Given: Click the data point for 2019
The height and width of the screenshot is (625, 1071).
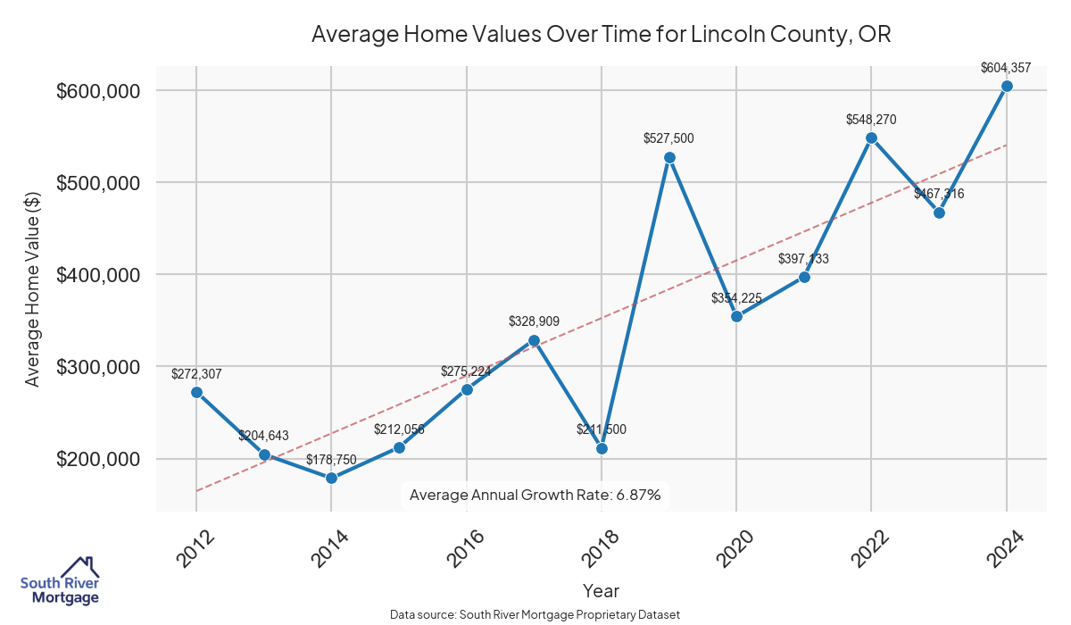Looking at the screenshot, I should [669, 157].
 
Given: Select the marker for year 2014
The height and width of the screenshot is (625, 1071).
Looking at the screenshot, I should [331, 478].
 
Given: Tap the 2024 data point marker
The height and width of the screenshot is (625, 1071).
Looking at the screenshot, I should [1007, 86].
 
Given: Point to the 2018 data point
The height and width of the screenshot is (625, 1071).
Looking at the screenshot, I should [602, 448].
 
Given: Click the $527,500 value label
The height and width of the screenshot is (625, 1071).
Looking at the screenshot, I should [668, 138].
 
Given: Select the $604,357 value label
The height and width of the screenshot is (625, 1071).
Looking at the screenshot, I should [1006, 67].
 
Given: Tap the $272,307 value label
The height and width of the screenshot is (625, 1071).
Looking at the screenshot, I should [196, 374].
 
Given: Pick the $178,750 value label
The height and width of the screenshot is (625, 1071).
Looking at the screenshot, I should [331, 460].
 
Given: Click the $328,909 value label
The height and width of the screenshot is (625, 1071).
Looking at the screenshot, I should [534, 321].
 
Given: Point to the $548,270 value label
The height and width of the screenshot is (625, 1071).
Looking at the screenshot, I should [871, 120].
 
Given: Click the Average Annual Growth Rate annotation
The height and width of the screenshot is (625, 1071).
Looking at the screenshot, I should [535, 495].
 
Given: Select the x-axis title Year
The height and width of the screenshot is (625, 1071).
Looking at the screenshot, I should [601, 590].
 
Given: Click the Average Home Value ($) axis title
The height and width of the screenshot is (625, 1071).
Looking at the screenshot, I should [33, 301].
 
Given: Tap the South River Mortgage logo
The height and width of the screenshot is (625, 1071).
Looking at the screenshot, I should [60, 581].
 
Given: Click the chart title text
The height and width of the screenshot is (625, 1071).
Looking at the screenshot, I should [601, 35].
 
